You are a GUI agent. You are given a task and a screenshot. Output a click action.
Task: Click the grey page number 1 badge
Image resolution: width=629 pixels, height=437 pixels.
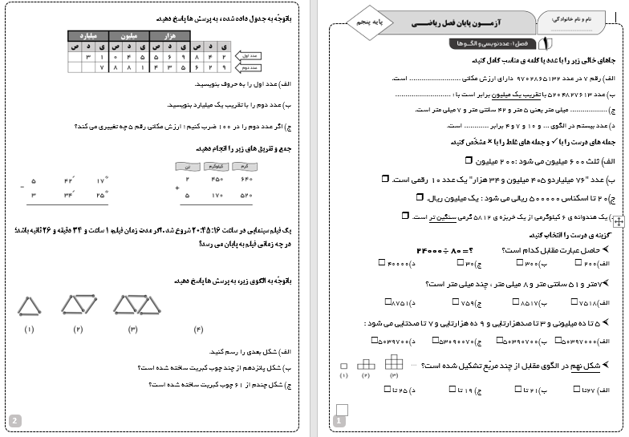coord(339,420)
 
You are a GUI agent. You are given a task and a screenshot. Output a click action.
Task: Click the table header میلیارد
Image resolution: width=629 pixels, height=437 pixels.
coord(88,36)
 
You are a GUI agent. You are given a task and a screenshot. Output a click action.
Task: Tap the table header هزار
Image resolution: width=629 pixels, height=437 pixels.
coord(170,36)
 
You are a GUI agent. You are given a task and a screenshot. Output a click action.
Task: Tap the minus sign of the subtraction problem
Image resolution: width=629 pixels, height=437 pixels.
coord(22,188)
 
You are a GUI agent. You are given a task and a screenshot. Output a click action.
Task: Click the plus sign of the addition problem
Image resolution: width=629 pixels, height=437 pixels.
coord(177,188)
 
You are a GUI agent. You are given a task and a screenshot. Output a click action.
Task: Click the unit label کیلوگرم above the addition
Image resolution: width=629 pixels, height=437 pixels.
coord(216,166)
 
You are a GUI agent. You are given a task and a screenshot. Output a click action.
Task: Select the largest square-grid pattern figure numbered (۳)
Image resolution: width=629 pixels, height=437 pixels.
coord(394,362)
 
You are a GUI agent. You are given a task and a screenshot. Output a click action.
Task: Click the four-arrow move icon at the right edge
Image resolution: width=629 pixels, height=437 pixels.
coord(619,219)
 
